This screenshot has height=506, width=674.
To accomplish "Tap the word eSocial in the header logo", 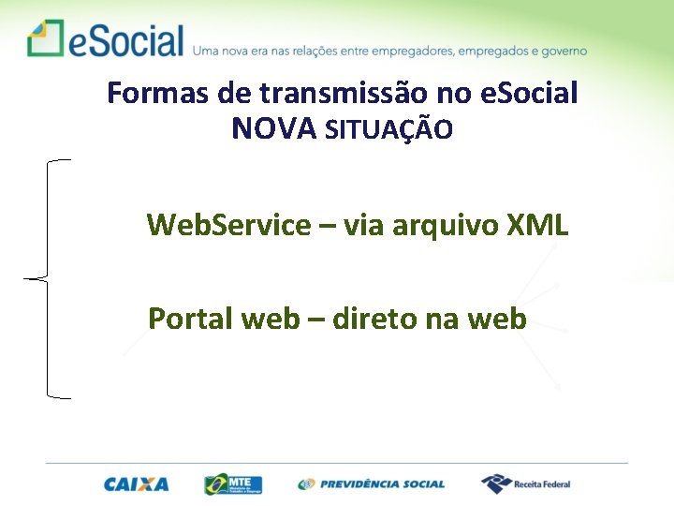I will [x=124, y=40].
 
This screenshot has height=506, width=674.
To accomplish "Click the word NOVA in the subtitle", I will [x=274, y=128].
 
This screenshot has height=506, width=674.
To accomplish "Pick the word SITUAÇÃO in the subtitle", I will [x=388, y=130].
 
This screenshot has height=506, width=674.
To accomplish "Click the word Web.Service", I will [x=228, y=225].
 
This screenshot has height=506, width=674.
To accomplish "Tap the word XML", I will [x=536, y=225].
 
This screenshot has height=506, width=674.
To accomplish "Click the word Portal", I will [x=190, y=319].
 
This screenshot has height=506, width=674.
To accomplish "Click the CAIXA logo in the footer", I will [x=136, y=484].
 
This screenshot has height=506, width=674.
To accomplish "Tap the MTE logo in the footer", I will [x=234, y=484].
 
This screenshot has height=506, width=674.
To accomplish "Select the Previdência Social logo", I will [x=372, y=484].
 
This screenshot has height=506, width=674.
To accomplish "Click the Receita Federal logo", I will [x=526, y=484].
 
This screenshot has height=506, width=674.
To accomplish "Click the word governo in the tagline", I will [x=562, y=51].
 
